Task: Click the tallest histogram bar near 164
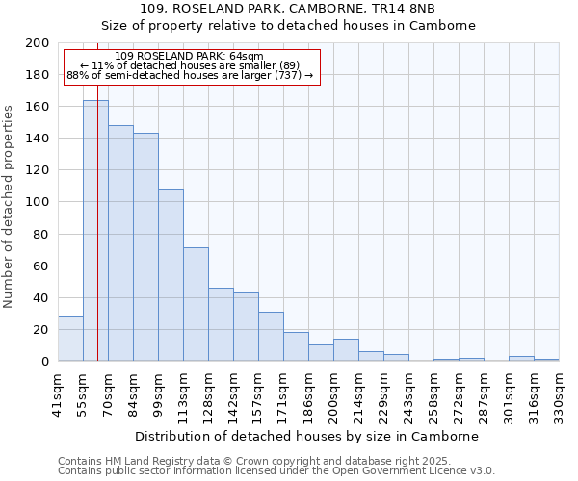coord(95,231)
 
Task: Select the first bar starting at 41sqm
coord(70,339)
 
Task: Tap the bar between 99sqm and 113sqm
coord(171,275)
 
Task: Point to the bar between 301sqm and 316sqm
coord(521,359)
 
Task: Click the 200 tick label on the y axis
coord(38,43)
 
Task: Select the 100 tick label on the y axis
coord(38,202)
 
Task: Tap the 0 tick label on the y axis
coord(45,362)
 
